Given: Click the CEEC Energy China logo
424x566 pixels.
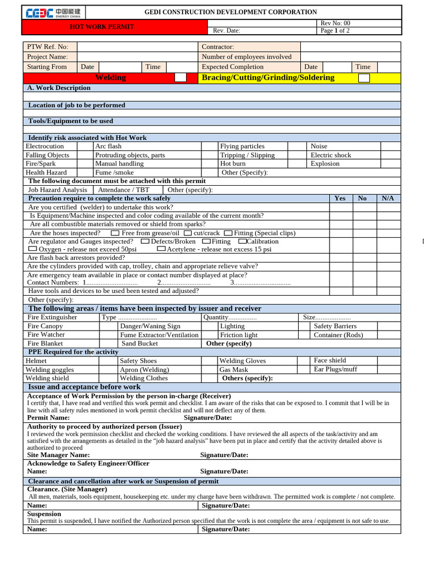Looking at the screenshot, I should (x=54, y=12).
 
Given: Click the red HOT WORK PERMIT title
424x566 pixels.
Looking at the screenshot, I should (x=102, y=27).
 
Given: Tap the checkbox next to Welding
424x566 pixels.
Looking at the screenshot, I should (x=181, y=78).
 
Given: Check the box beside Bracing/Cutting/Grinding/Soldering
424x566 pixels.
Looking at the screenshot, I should (x=364, y=78).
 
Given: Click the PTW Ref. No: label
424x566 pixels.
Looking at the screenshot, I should (x=47, y=47).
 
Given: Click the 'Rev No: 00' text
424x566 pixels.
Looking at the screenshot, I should (x=335, y=23).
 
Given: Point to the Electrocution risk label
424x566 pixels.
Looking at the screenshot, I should (x=45, y=146).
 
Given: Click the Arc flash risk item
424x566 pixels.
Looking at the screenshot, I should (x=108, y=146).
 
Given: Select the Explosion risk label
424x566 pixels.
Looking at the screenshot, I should (x=325, y=164).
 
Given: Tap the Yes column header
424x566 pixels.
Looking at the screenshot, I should (x=340, y=198).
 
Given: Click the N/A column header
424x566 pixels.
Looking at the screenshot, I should (x=388, y=198).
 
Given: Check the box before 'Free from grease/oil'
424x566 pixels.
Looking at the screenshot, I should (x=115, y=233).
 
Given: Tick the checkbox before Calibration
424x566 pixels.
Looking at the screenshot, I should (x=242, y=242).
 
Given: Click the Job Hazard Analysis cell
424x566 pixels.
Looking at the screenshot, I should (x=57, y=190).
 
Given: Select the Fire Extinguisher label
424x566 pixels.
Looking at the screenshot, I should (x=52, y=317).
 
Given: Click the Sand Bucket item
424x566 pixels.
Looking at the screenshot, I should (x=140, y=343).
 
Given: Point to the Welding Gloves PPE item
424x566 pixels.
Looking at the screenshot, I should (x=242, y=361).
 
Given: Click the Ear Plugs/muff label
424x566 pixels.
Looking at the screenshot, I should (x=335, y=369).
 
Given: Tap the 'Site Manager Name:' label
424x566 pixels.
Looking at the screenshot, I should (x=59, y=455).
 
